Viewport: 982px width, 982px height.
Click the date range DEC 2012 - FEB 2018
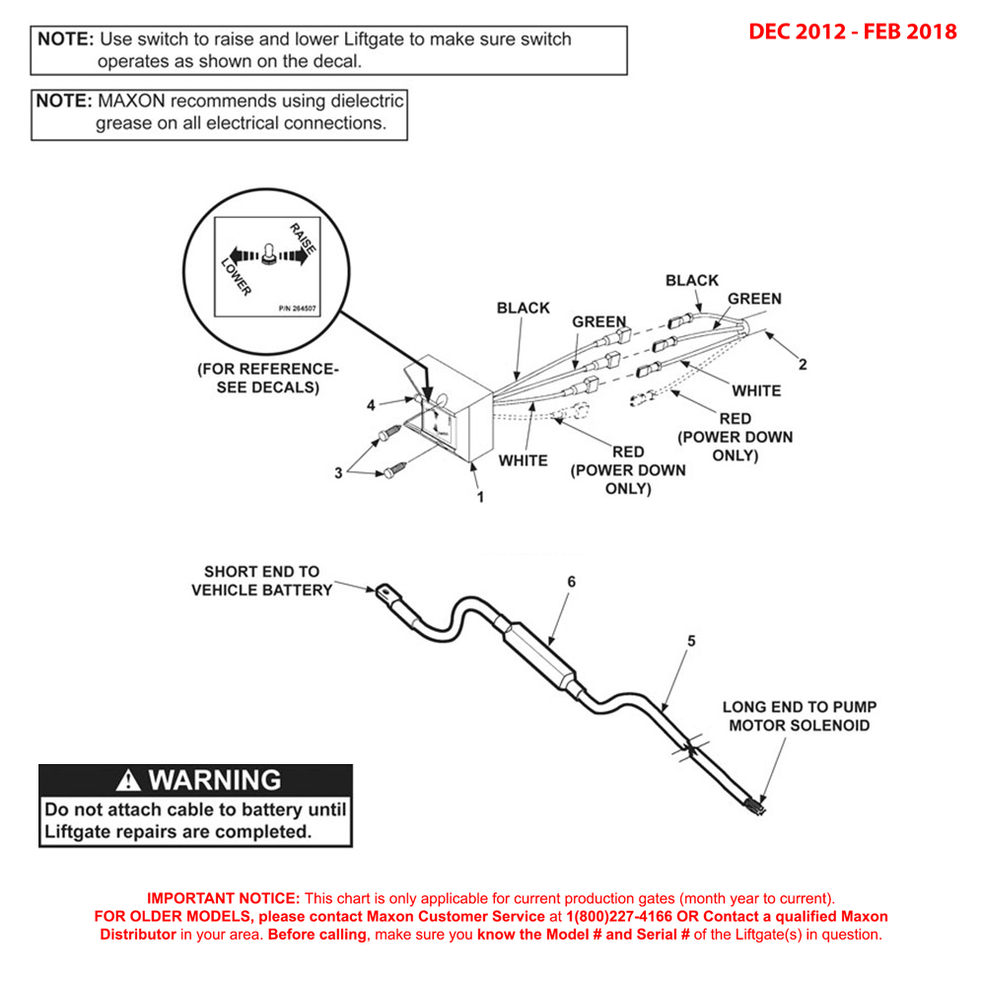[x=852, y=32]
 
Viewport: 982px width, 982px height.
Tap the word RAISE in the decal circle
[x=303, y=241]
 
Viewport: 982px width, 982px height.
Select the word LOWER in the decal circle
[x=236, y=275]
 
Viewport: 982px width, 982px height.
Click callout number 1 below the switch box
[x=480, y=497]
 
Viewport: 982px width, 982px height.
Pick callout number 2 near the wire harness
[x=803, y=364]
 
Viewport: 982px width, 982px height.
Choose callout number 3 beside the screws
[x=338, y=473]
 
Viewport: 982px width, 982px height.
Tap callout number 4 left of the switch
[x=371, y=405]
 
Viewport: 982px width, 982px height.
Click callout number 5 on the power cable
[x=690, y=641]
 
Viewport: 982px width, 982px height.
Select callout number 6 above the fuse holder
[x=570, y=582]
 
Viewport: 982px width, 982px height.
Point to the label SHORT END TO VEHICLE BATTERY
[x=261, y=581]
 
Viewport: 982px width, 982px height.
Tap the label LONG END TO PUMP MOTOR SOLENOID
[x=799, y=716]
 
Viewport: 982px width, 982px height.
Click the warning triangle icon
[x=128, y=781]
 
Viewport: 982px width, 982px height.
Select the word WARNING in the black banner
[x=214, y=781]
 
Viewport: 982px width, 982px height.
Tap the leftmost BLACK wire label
[x=523, y=308]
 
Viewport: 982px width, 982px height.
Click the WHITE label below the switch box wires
[x=523, y=460]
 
